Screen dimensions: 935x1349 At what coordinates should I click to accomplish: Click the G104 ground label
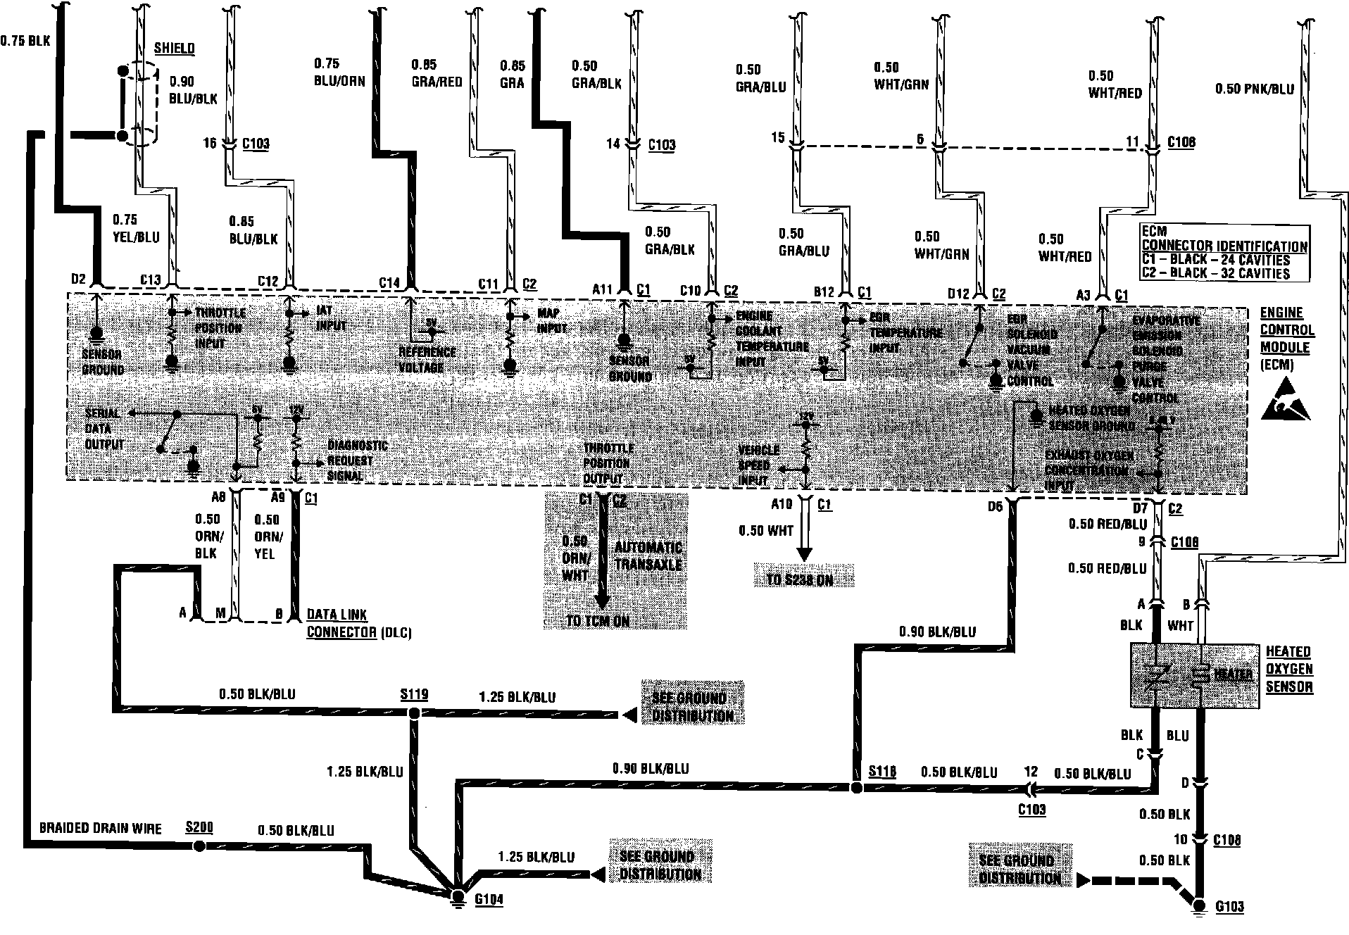(x=489, y=900)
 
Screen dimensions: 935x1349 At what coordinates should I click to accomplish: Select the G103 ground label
(x=1229, y=907)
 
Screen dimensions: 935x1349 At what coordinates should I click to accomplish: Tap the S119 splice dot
(x=415, y=714)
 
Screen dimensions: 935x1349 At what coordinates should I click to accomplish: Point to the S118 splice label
(x=882, y=771)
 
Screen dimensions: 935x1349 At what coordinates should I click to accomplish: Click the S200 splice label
(x=199, y=827)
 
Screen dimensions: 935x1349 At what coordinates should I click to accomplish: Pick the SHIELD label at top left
(x=174, y=48)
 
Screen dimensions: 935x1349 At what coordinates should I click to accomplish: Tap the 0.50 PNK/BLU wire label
(x=1255, y=89)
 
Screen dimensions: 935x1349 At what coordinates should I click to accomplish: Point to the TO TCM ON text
(x=598, y=621)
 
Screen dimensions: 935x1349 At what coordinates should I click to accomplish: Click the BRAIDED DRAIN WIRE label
(x=101, y=829)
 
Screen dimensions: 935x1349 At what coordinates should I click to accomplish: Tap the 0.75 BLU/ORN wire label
(x=339, y=72)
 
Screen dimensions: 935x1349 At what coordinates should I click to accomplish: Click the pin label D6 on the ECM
(x=994, y=506)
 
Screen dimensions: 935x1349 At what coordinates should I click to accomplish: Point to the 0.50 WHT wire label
(x=766, y=530)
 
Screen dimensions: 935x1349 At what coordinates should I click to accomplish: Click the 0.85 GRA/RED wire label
(x=437, y=73)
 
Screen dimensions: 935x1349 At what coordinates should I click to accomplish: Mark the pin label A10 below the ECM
(x=782, y=504)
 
